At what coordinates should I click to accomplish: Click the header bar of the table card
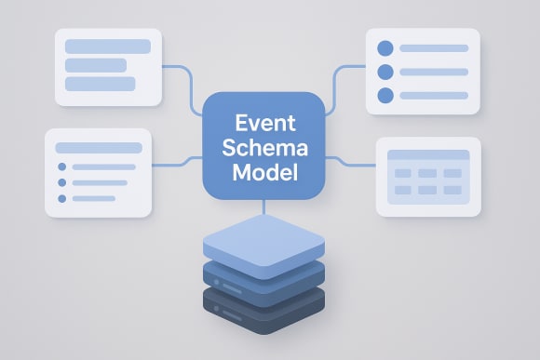click(x=427, y=155)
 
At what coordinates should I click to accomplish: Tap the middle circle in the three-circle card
click(x=385, y=72)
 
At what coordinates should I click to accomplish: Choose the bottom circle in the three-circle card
click(x=385, y=95)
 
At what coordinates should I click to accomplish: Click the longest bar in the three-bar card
click(x=108, y=47)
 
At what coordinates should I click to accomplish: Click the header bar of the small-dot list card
click(x=98, y=147)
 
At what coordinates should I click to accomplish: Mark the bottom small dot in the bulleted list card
click(x=62, y=198)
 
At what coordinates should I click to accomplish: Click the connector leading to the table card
click(x=349, y=165)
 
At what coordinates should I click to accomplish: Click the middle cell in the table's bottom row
click(x=427, y=190)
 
